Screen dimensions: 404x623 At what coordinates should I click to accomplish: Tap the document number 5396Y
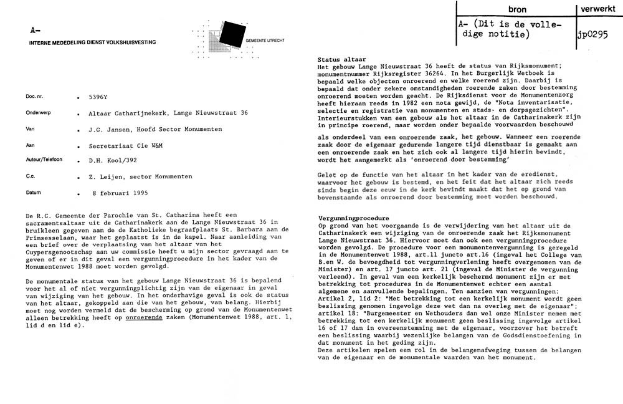[98, 97]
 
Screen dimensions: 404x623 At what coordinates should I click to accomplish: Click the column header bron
[517, 10]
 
